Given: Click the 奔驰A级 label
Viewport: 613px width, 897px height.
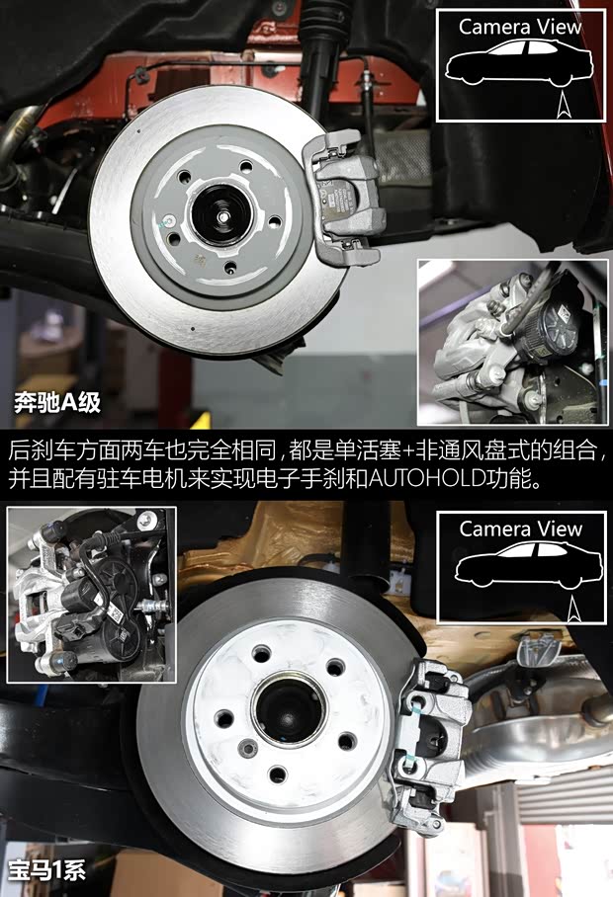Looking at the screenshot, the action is pos(57,402).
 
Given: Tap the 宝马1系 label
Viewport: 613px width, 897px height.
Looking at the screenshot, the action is pos(47,870).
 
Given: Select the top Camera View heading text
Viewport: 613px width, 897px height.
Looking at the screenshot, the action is pos(520,27).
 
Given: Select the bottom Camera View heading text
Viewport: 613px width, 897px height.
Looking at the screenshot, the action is pos(520,530).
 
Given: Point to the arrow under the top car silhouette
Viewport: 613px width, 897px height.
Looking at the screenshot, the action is pos(563,106).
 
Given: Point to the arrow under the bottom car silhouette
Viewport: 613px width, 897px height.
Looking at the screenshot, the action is pos(573,609).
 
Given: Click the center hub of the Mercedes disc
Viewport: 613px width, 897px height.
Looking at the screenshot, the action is pos(220,214).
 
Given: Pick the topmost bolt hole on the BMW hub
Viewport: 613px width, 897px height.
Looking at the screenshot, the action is pos(262,653).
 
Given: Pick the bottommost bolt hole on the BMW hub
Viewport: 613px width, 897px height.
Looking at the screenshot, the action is pos(278,775).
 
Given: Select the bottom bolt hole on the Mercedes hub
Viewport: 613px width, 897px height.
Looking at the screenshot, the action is pos(230,266).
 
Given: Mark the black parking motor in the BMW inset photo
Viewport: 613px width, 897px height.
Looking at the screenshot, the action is pos(103,612).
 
